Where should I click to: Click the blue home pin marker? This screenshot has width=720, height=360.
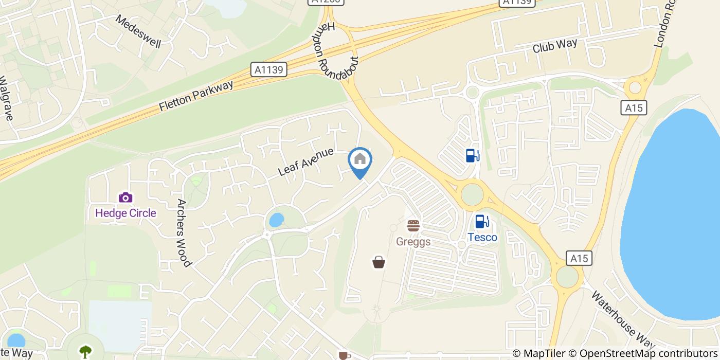[x=360, y=160]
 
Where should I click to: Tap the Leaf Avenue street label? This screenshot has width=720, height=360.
[x=305, y=162]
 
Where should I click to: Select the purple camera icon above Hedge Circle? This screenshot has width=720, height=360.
[x=125, y=197]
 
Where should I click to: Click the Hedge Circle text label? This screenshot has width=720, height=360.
[x=125, y=213]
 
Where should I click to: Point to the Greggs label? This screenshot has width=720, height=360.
[x=413, y=241]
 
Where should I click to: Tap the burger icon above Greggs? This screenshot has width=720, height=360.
[x=413, y=226]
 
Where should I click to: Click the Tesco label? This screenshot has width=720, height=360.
[x=482, y=237]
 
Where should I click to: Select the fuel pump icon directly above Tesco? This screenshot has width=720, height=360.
[x=482, y=222]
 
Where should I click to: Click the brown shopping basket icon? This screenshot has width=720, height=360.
[x=379, y=262]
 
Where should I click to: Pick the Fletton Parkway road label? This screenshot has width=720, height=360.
[x=196, y=96]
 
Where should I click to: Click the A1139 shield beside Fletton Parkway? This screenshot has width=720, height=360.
[x=268, y=69]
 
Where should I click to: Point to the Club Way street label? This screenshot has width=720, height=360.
[x=555, y=46]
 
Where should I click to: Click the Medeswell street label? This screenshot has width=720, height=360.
[x=138, y=31]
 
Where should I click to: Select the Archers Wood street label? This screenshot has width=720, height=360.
[x=183, y=232]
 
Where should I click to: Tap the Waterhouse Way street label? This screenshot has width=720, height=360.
[x=622, y=319]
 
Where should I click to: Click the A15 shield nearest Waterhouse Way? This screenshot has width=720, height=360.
[x=579, y=258]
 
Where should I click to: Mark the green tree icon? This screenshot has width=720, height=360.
[x=85, y=351]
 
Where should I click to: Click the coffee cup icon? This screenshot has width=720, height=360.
[x=343, y=355]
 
